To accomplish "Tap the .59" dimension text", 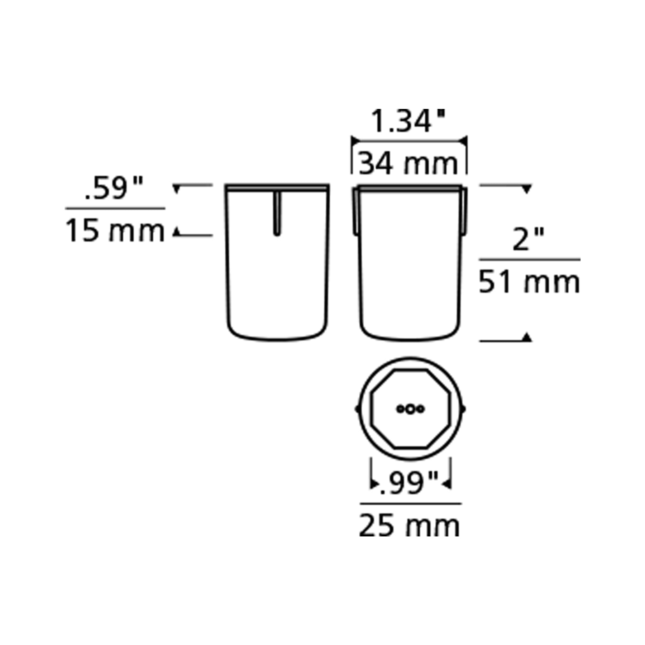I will [x=114, y=188].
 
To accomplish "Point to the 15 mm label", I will [x=115, y=231].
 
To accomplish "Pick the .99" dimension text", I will [x=408, y=484].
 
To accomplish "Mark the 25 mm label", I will [x=409, y=526].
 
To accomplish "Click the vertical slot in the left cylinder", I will [x=277, y=214].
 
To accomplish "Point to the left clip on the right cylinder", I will [x=356, y=211].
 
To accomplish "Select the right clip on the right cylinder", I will [x=465, y=211].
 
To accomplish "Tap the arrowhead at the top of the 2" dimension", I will [x=526, y=189].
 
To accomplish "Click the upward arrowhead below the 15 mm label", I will [x=176, y=232].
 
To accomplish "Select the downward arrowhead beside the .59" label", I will [x=176, y=189].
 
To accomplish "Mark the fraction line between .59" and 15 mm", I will [x=115, y=208].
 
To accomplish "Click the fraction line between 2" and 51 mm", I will [x=529, y=259].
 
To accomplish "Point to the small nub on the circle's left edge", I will [x=357, y=408].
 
